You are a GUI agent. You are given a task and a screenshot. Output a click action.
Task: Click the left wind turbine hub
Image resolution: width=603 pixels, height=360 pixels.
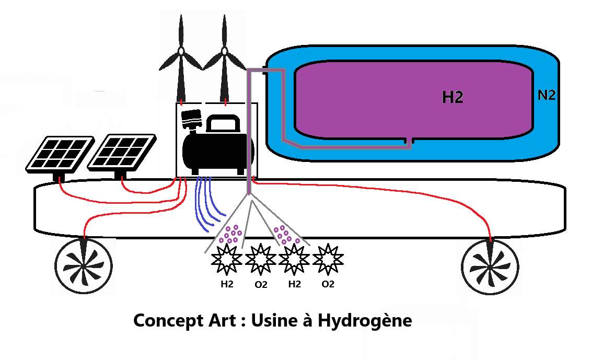tap(181, 51)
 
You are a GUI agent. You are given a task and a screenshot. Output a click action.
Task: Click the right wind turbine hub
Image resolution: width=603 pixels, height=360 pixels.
tap(225, 51)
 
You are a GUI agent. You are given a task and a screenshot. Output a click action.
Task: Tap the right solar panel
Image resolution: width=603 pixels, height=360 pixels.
tap(121, 152)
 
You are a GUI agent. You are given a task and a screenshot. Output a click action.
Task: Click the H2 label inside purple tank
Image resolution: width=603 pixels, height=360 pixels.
tap(453, 97)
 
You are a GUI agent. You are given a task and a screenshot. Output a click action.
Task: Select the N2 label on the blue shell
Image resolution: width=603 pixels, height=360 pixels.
tap(546, 95)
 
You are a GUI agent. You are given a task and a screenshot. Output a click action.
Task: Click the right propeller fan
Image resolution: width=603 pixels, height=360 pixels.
tap(490, 265)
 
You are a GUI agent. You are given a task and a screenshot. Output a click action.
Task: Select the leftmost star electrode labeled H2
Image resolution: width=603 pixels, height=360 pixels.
tap(226, 260)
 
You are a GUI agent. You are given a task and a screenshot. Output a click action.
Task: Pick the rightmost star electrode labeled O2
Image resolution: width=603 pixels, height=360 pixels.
tap(327, 260)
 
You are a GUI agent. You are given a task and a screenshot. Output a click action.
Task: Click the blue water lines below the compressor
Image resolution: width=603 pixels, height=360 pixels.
tap(206, 204)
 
